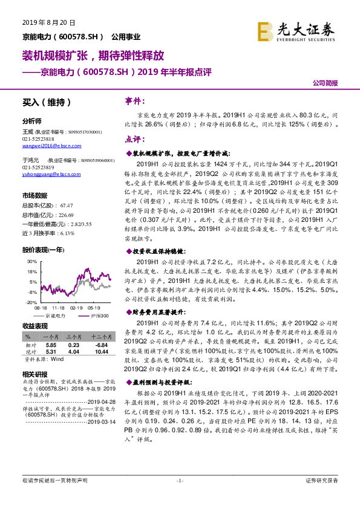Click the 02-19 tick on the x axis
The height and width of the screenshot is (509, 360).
click(x=76, y=307)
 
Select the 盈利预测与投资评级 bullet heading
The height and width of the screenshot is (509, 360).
click(x=160, y=382)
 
